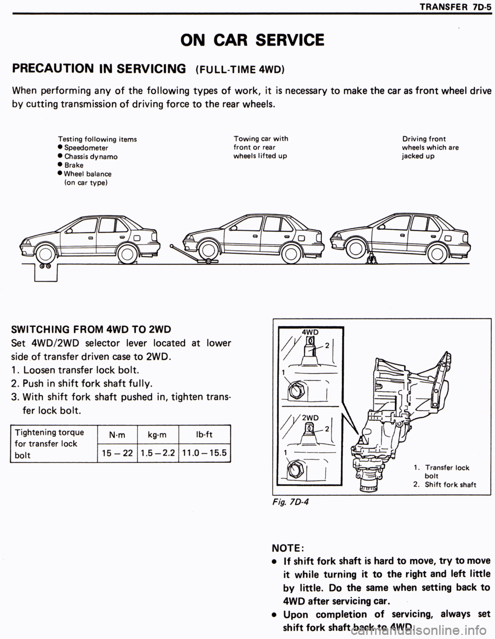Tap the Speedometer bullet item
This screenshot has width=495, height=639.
tap(86, 147)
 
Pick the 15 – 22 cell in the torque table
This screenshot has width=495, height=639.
tap(117, 453)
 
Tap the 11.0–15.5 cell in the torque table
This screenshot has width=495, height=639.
tap(205, 453)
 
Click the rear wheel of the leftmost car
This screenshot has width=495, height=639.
tap(126, 253)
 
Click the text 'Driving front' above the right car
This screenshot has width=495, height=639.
tap(424, 139)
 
